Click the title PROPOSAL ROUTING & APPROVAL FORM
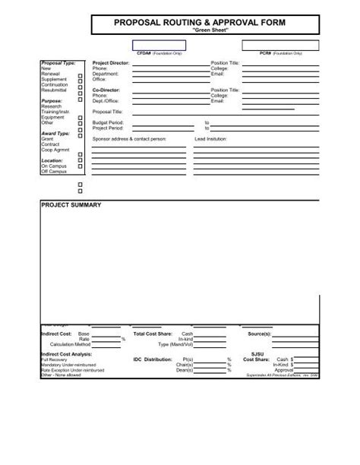200,24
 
